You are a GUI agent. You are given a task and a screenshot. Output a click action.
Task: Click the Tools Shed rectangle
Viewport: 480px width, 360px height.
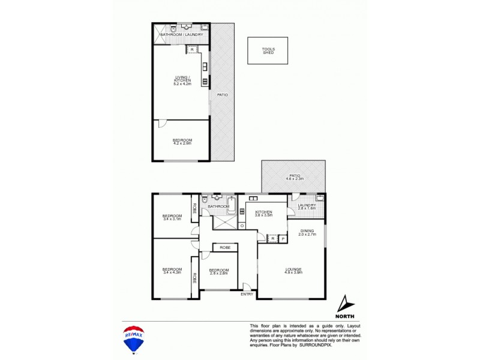[268, 50]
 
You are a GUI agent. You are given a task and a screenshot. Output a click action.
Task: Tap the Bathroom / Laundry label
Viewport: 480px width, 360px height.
[181, 35]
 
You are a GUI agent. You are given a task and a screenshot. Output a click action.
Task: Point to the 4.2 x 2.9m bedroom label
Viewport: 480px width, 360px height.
[181, 142]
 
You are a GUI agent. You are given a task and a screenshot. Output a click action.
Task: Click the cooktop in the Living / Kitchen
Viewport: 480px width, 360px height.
[205, 82]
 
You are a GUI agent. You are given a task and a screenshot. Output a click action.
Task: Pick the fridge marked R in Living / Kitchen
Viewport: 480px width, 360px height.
[192, 49]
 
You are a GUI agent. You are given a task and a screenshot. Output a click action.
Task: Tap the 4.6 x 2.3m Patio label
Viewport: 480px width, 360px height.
[293, 178]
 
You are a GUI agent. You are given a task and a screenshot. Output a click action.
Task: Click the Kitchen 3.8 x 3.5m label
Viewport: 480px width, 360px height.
[264, 213]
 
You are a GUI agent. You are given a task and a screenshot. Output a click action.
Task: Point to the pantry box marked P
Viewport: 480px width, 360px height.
[283, 239]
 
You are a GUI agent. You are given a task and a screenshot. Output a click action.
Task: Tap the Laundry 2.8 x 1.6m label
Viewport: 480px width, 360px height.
[306, 207]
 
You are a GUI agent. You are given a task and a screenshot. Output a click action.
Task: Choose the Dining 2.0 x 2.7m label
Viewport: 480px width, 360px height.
[307, 232]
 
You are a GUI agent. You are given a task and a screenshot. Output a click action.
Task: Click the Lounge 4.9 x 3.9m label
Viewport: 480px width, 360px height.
[293, 271]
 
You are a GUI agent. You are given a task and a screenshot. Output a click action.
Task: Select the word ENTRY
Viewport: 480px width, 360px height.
[247, 294]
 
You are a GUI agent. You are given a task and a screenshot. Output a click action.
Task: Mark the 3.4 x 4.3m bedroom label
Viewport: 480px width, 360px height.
[172, 271]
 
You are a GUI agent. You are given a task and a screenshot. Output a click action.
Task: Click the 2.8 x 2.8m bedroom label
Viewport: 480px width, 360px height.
[218, 271]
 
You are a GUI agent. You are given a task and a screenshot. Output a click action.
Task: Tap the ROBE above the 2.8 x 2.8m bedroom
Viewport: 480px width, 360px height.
[224, 247]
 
